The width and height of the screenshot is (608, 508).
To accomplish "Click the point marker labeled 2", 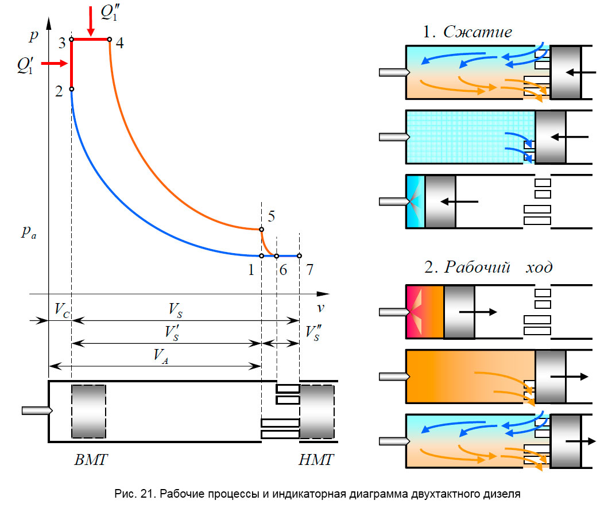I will point(71,90).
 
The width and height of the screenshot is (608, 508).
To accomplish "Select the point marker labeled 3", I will point(71,40).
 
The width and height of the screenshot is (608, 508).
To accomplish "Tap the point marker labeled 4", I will point(110,40).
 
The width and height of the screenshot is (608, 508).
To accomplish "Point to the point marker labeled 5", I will point(261,229).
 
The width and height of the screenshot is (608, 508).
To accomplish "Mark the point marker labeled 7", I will point(299,255).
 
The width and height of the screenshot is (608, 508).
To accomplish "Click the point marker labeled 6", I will point(276,255).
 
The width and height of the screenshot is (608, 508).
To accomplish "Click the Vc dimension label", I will point(62,309).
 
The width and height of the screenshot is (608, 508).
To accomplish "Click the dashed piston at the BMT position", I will point(89,411).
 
